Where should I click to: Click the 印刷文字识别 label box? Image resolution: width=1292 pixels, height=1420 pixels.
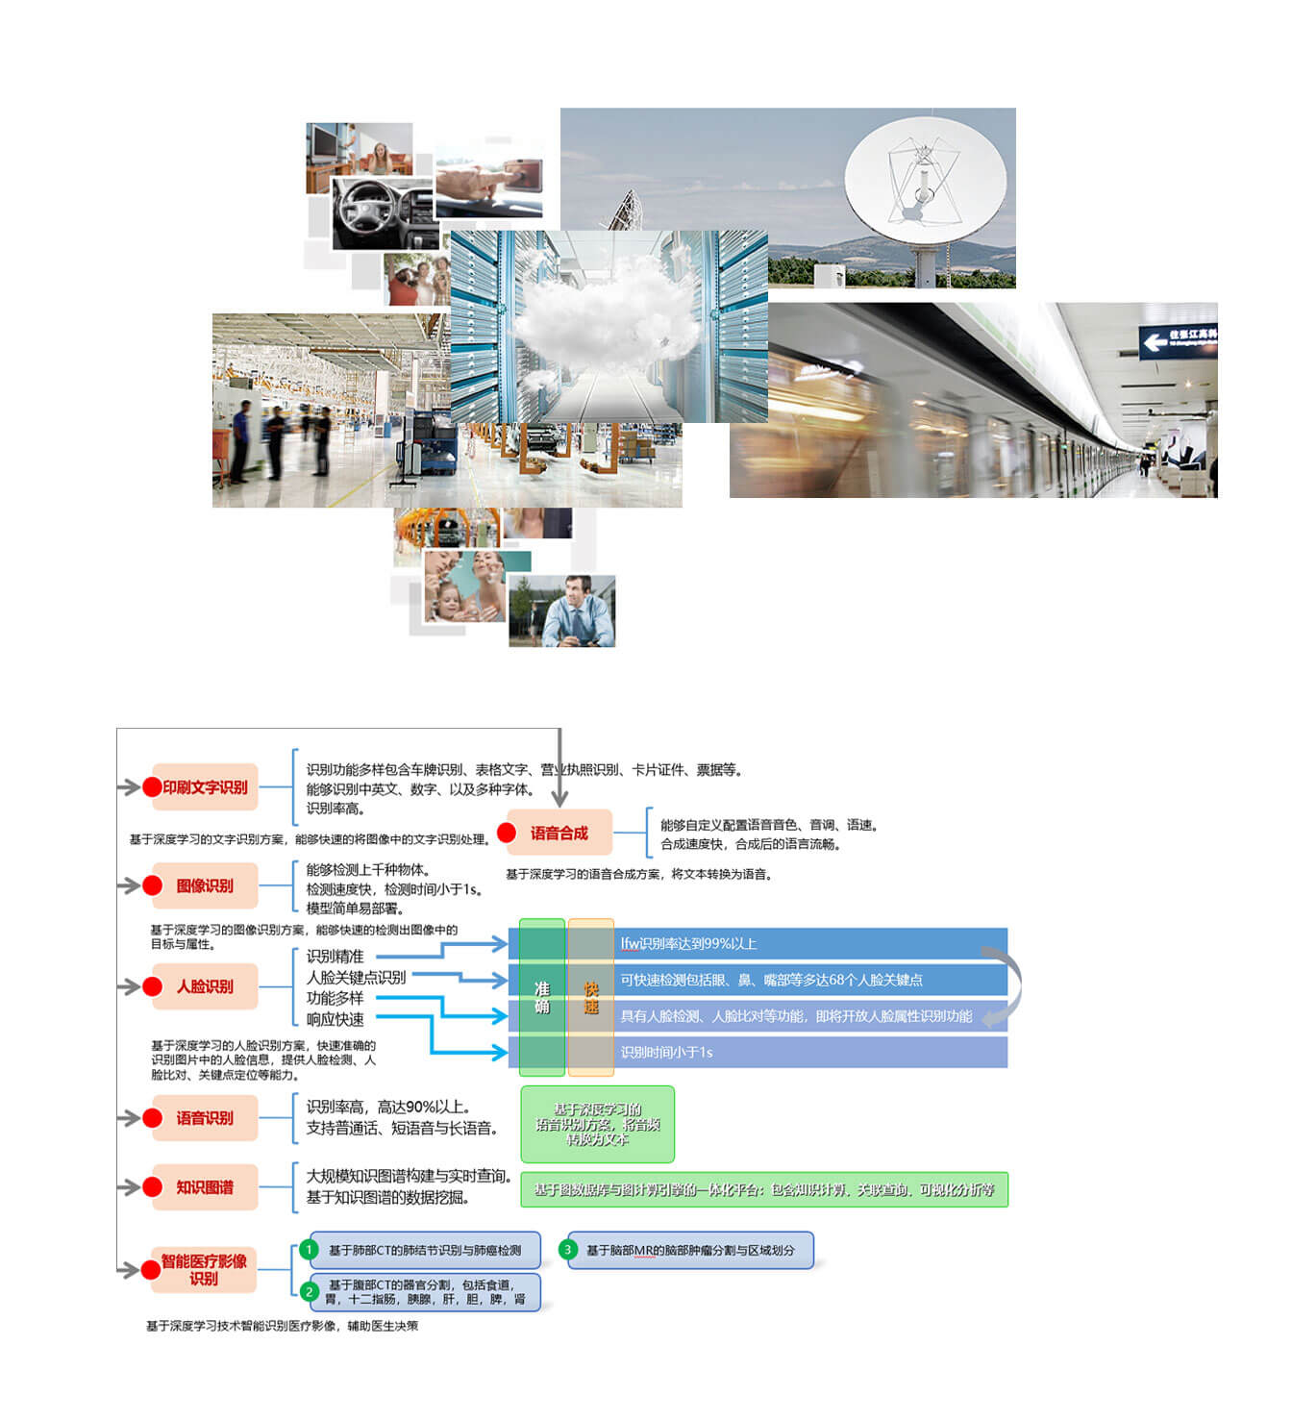pos(205,787)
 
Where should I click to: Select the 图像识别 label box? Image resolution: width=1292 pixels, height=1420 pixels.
pos(205,885)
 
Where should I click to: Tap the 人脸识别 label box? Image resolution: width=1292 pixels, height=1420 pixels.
pos(205,986)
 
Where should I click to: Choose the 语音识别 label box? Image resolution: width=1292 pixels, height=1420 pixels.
pos(205,1118)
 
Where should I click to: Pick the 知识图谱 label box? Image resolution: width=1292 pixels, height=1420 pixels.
pos(205,1187)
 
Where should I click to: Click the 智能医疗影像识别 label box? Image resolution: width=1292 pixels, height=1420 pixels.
pos(204,1270)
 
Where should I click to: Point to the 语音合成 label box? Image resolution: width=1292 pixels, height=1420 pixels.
pos(559,834)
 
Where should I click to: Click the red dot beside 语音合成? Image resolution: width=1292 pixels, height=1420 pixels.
pos(507,834)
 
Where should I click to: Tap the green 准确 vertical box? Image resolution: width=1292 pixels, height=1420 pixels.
pos(542,997)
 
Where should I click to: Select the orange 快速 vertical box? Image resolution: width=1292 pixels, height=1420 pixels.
pos(591,997)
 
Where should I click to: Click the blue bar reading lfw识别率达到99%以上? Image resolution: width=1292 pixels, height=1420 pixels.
pos(807,943)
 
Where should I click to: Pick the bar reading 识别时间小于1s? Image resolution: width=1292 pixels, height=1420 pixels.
pos(807,1052)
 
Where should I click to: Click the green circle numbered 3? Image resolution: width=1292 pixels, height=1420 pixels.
pos(568,1250)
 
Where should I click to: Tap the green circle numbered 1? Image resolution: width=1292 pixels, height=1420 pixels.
pos(309,1250)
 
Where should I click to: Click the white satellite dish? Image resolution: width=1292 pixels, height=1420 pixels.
pos(925,183)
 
